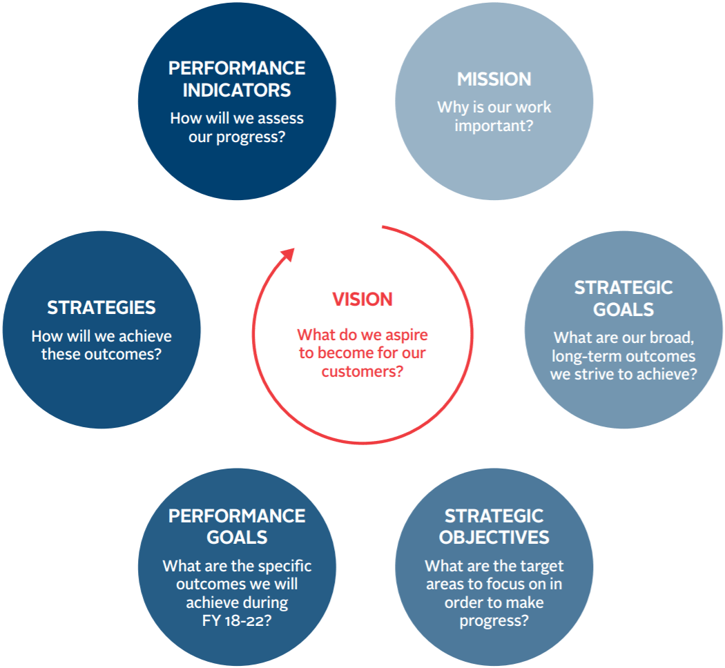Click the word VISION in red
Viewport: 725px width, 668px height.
(362, 299)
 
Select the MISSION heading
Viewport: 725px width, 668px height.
(494, 79)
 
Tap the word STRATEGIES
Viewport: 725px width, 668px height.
(101, 308)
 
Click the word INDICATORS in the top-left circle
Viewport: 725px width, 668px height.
(237, 90)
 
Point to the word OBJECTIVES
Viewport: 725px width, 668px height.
(494, 538)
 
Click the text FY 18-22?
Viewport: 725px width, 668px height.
(237, 620)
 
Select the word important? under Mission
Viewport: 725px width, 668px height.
(494, 126)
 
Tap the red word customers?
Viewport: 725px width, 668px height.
(362, 371)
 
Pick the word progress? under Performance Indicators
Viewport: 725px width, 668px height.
(251, 136)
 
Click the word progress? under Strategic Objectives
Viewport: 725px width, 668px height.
(494, 620)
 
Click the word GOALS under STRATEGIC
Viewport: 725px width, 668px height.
(623, 310)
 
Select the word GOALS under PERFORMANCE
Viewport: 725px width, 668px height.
(237, 538)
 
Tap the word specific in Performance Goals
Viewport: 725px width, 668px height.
(284, 567)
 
